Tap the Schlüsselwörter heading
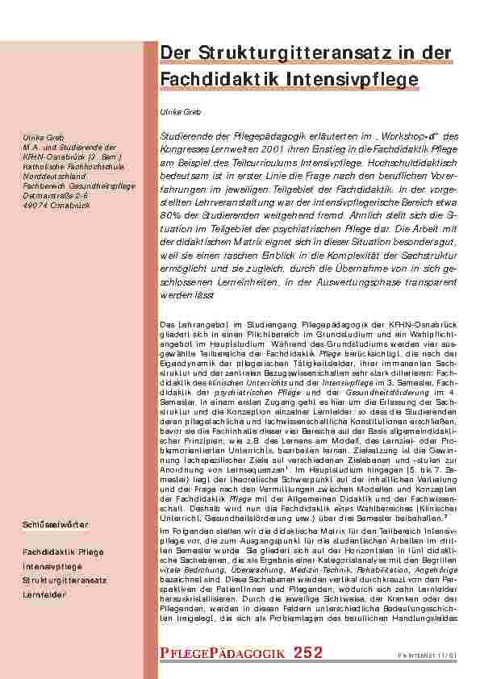55,525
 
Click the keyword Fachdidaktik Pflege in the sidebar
63,552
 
